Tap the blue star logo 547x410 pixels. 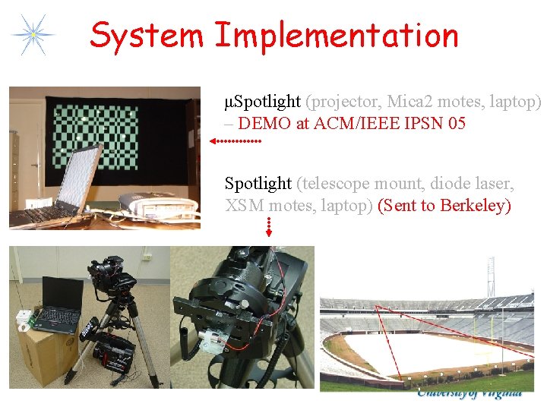33,34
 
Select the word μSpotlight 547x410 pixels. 258,102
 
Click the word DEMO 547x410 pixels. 264,124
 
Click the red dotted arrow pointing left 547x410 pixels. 235,141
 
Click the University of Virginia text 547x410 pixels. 469,393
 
